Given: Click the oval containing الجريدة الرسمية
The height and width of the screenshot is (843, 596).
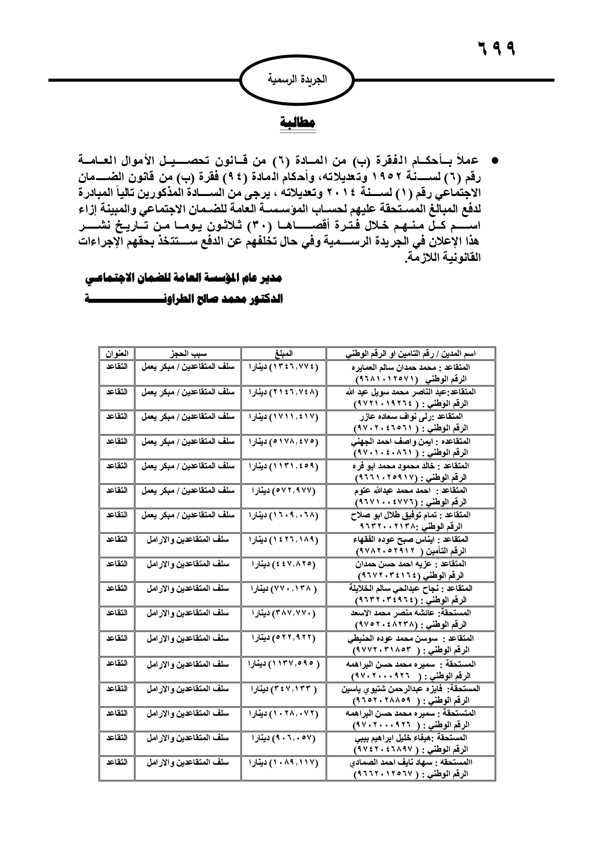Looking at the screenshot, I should click(x=296, y=79).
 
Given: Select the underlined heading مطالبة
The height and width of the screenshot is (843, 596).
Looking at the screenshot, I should click(x=298, y=122).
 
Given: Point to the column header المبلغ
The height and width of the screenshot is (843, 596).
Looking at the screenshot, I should click(x=283, y=354).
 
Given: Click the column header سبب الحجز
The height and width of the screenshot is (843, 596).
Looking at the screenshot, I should click(x=188, y=354).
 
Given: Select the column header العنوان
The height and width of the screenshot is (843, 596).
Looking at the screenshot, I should click(x=117, y=354).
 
